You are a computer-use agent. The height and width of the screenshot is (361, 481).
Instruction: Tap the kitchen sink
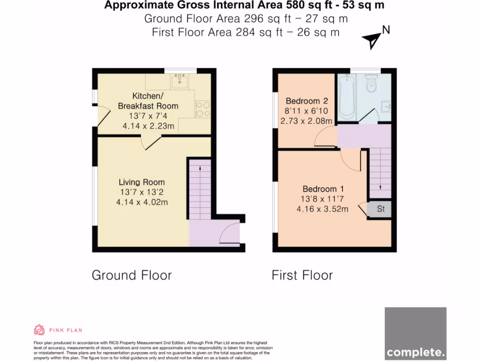[x=180, y=82]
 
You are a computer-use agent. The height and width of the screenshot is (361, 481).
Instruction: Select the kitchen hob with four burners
[x=203, y=109]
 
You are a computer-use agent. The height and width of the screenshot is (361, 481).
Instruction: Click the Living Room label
[x=141, y=182]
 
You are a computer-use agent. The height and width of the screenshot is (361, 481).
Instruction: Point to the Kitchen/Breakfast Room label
[x=148, y=101]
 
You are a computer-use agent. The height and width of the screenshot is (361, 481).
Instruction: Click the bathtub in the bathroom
[x=347, y=97]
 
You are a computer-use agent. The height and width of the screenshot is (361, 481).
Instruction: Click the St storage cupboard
[x=380, y=209]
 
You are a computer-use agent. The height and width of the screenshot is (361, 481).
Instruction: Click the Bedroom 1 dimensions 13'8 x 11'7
[x=322, y=199]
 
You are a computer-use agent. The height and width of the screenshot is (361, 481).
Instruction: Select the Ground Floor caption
[x=132, y=275]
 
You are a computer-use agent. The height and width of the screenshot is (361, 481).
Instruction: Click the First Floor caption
[x=302, y=275]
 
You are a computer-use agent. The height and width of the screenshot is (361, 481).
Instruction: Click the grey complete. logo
[x=415, y=334]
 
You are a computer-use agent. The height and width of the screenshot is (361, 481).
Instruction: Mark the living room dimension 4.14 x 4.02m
[x=141, y=202]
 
